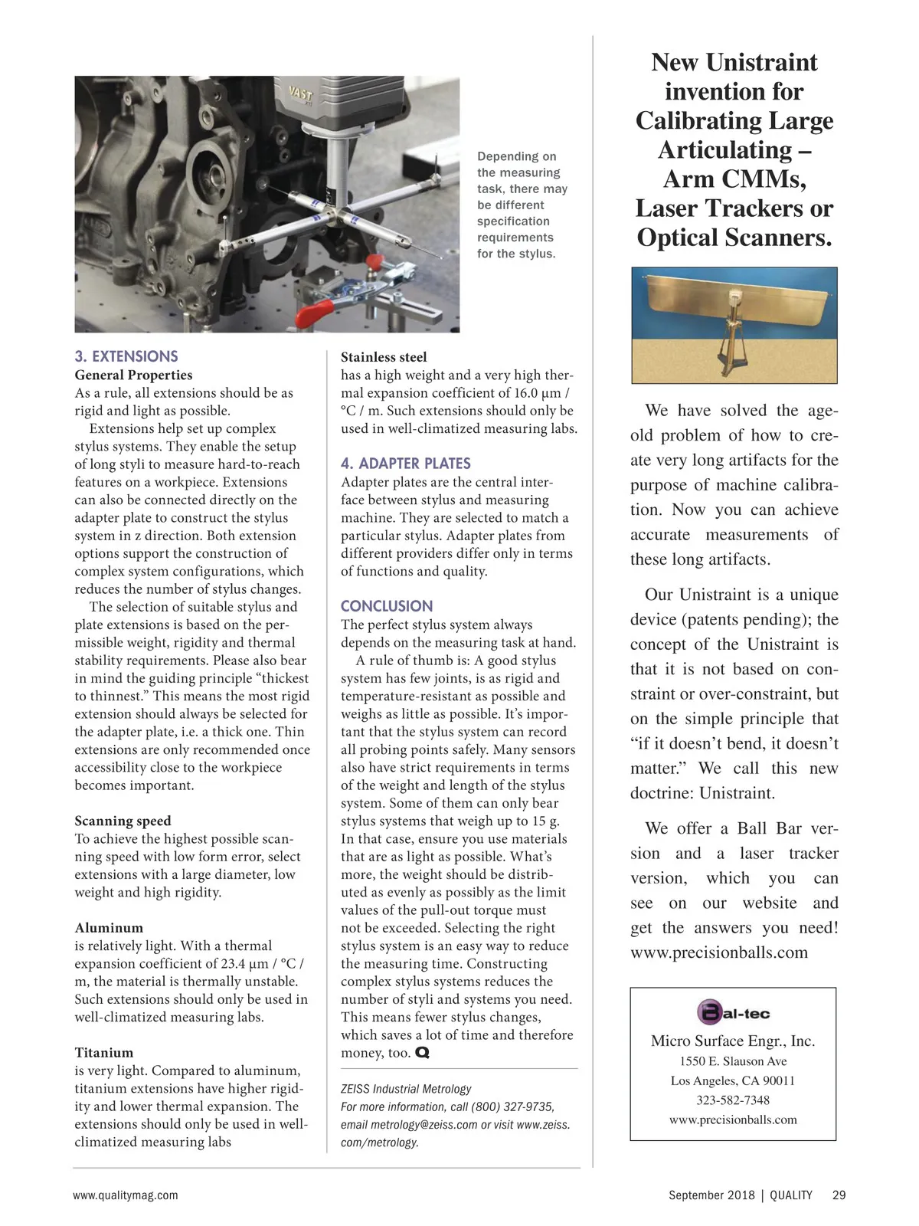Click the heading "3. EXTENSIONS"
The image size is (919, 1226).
tap(126, 356)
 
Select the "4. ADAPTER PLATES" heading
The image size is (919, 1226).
tap(405, 464)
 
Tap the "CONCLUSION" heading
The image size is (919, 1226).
tap(387, 606)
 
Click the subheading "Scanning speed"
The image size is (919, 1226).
tap(123, 821)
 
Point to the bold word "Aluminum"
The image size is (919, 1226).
tap(109, 928)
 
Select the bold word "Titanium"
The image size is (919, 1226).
tap(104, 1053)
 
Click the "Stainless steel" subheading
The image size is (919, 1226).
tap(384, 357)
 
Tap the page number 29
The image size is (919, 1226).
tap(839, 1195)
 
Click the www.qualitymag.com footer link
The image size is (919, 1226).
tap(126, 1195)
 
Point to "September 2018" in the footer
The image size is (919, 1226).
tap(711, 1195)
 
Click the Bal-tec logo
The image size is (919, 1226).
tap(733, 1013)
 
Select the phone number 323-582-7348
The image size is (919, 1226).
tap(733, 1100)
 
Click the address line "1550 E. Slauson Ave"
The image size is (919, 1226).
tap(733, 1061)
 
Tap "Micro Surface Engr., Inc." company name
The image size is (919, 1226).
tap(733, 1041)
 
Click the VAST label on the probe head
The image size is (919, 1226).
tap(300, 94)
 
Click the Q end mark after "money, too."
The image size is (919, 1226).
tap(422, 1054)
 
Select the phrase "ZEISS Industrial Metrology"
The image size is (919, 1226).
tap(406, 1089)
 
